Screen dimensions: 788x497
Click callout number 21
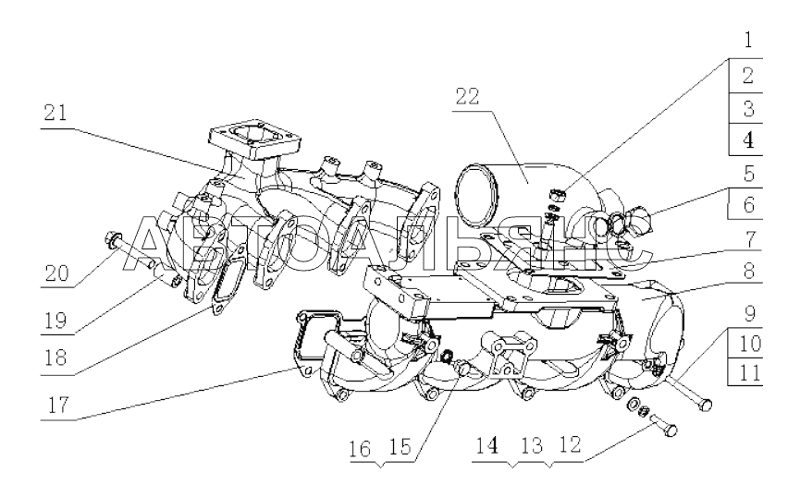(55, 113)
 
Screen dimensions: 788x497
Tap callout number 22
(467, 96)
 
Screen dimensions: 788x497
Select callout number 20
(56, 273)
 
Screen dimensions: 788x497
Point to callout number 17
(57, 404)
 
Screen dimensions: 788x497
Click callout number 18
(55, 358)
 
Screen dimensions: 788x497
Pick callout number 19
(55, 321)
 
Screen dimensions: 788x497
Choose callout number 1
(748, 40)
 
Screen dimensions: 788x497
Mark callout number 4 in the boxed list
(748, 140)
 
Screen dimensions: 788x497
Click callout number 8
(749, 271)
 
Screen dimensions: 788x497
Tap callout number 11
(749, 373)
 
